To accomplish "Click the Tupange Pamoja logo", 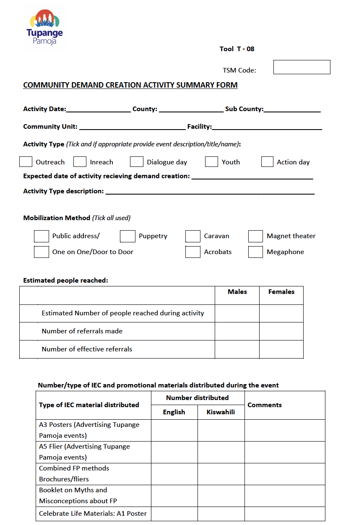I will pyautogui.click(x=44, y=27).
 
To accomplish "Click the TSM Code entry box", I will pyautogui.click(x=302, y=67).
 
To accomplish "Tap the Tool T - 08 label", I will pyautogui.click(x=237, y=49).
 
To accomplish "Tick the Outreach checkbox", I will pyautogui.click(x=26, y=162).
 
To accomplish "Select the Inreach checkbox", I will pyautogui.click(x=80, y=162).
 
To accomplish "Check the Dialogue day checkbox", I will pyautogui.click(x=137, y=162).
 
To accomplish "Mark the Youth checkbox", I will pyautogui.click(x=211, y=162).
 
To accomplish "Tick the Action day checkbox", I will pyautogui.click(x=267, y=162).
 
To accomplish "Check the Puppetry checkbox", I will pyautogui.click(x=127, y=237).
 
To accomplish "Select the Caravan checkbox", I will pyautogui.click(x=193, y=237).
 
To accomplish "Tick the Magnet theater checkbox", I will pyautogui.click(x=255, y=237).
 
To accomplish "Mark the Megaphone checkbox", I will pyautogui.click(x=255, y=252).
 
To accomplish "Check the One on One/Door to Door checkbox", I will pyautogui.click(x=42, y=252).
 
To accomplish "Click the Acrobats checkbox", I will pyautogui.click(x=193, y=252).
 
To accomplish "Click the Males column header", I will pyautogui.click(x=237, y=292).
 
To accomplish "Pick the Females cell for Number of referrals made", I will pyautogui.click(x=281, y=331).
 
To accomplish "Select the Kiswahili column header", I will pyautogui.click(x=221, y=412).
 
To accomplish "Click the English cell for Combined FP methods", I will pyautogui.click(x=174, y=474).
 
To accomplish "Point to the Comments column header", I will pyautogui.click(x=265, y=405).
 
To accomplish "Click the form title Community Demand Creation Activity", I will pyautogui.click(x=130, y=85).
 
